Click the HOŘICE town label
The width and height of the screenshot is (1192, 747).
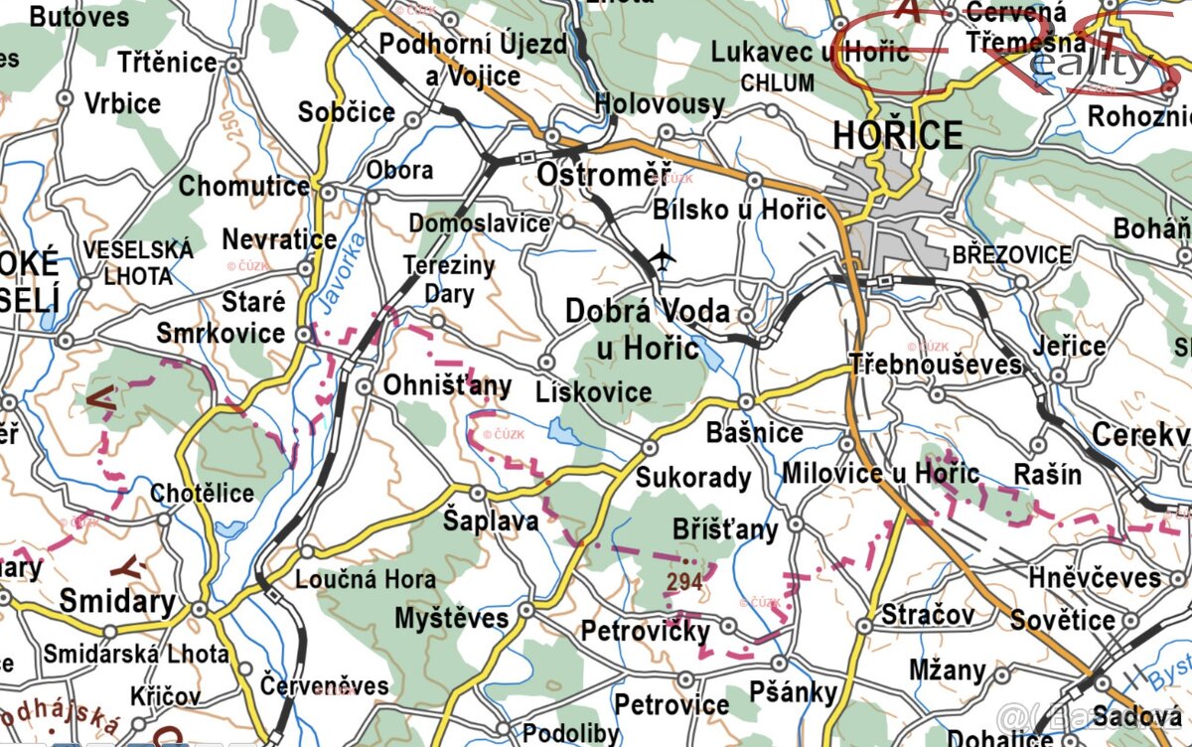pos(898,134)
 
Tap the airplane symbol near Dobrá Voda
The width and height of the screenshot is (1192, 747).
pos(662,260)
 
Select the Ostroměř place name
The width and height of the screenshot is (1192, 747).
pos(603,175)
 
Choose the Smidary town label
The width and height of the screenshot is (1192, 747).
pos(117,601)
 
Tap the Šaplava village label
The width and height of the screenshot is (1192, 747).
pos(491,521)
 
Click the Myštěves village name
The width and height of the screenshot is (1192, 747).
pos(452,618)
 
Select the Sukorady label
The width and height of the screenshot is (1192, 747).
pos(693,477)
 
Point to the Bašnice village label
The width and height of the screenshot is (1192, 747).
pos(754,433)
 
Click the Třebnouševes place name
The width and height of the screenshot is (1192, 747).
pos(936,364)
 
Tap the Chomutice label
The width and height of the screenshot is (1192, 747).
pos(244,186)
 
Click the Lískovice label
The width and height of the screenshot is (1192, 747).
pos(593,391)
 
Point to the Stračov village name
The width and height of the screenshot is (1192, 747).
pos(928,615)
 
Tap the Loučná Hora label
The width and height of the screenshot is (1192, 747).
pos(367,579)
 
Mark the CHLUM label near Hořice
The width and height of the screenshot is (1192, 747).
pos(777,82)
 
